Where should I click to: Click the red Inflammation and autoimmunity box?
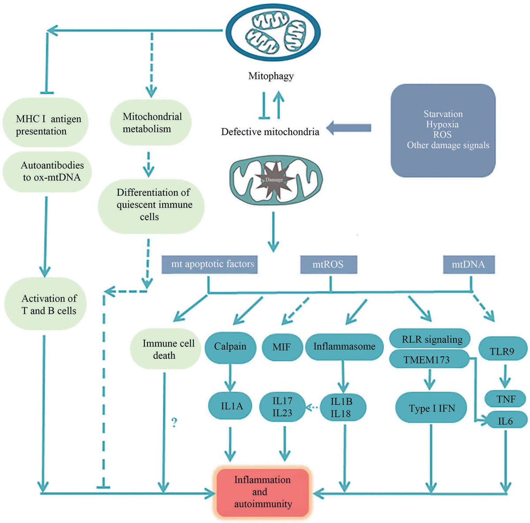[x=263, y=492]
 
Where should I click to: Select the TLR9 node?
[x=502, y=351]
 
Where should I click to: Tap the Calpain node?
[x=230, y=347]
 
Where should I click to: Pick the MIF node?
[x=281, y=347]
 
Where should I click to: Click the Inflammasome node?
[x=344, y=347]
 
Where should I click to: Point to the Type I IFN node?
[x=432, y=408]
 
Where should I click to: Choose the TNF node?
[x=506, y=399]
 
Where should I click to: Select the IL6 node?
[x=505, y=421]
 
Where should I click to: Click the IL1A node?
[x=231, y=406]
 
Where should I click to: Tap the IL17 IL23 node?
[x=282, y=407]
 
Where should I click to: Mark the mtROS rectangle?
[x=328, y=264]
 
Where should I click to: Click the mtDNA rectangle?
[x=469, y=264]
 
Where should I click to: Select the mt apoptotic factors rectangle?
[x=209, y=264]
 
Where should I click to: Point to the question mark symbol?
[x=174, y=423]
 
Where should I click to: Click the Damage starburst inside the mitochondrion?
[x=274, y=179]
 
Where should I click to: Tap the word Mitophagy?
[x=271, y=76]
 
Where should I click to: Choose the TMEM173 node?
[x=427, y=360]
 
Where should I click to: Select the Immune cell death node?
[x=166, y=349]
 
